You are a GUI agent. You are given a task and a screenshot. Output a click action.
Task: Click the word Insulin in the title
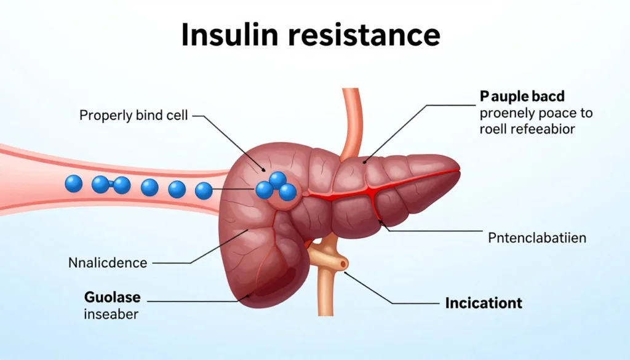tap(229, 34)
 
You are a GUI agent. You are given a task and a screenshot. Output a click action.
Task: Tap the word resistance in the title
tap(364, 34)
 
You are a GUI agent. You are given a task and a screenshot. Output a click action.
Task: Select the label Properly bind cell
tap(134, 116)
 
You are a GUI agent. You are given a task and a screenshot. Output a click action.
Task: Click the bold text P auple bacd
tap(522, 97)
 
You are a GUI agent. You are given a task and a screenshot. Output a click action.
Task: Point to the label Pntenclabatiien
tap(537, 238)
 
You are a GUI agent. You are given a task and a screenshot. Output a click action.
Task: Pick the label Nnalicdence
tap(108, 263)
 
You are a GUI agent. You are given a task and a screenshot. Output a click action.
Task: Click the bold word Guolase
tap(113, 297)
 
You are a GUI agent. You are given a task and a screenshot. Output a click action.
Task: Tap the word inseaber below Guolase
tap(111, 314)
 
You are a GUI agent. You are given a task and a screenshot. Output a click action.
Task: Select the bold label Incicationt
tap(484, 303)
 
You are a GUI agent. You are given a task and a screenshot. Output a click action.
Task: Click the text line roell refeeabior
tap(527, 129)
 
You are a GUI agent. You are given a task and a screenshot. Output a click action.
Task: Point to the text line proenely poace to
tap(536, 114)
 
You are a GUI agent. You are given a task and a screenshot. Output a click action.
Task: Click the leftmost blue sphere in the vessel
tap(74, 183)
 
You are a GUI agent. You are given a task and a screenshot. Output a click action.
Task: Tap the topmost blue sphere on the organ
tap(277, 180)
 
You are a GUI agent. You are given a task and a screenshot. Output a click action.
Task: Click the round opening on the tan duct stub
tap(342, 264)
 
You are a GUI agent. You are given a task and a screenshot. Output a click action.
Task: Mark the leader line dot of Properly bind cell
tap(263, 170)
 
